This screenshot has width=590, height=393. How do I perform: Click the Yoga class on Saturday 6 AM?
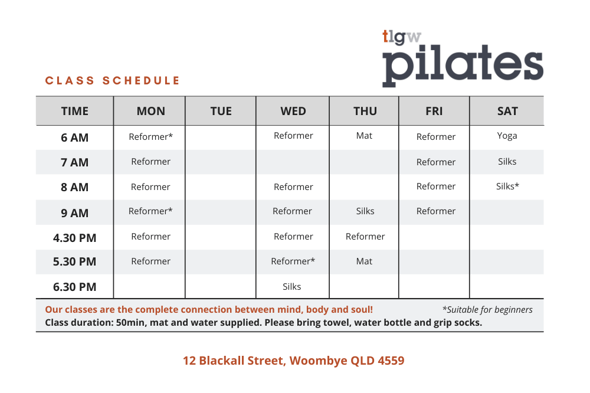[x=507, y=136]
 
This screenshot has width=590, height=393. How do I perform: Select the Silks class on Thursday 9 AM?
[x=365, y=211]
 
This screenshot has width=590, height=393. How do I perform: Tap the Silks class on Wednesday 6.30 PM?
[x=291, y=287]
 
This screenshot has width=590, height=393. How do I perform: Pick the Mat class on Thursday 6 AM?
[x=364, y=136]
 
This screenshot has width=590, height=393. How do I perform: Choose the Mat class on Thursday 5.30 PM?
[x=364, y=261]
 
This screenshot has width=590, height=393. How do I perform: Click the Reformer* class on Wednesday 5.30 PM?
[x=293, y=261]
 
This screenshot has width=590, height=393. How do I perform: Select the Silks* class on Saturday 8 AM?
[x=507, y=186]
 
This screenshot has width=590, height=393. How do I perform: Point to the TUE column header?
[x=221, y=111]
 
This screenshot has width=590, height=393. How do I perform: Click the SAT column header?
[x=507, y=111]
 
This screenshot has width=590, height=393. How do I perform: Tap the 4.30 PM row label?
[x=74, y=238]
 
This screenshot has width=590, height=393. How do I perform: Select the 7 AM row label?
[x=74, y=162]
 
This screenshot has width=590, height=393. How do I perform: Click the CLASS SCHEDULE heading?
[x=112, y=81]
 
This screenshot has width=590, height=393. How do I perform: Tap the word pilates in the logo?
[x=463, y=65]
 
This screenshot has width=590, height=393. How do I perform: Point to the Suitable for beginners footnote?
[x=487, y=310]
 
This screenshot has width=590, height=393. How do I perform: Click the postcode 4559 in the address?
[x=389, y=361]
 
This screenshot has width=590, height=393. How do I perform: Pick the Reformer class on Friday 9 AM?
[x=435, y=211]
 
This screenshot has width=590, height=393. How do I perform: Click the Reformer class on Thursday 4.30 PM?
[x=365, y=237]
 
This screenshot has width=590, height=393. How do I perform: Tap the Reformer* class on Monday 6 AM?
[x=150, y=137]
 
